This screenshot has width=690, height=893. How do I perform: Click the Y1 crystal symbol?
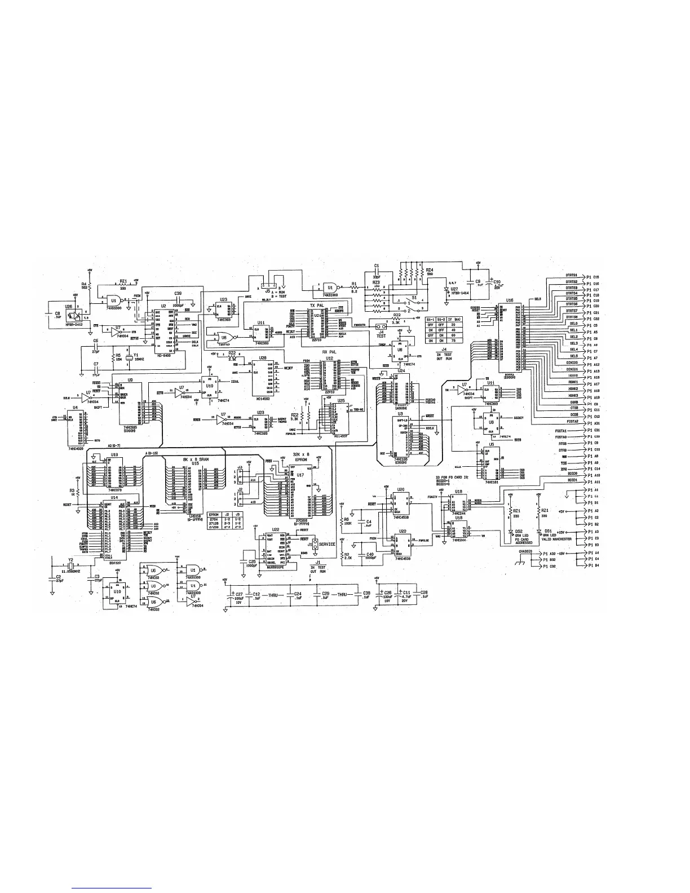[129, 359]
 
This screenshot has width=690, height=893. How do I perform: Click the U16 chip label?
[510, 300]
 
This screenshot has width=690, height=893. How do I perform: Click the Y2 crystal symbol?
[71, 563]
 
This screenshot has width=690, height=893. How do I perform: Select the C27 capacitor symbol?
[232, 596]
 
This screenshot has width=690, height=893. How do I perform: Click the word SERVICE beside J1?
[327, 545]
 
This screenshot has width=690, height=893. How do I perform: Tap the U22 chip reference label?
[275, 529]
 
